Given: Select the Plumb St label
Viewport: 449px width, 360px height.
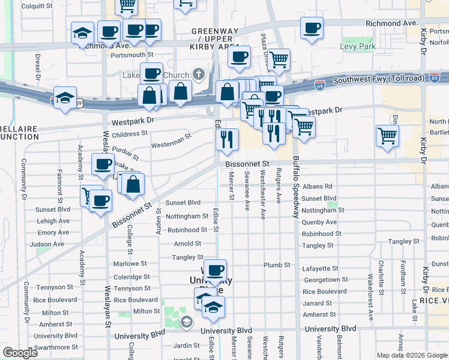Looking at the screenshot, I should (277, 265).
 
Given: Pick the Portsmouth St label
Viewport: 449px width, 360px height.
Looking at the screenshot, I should (133, 55).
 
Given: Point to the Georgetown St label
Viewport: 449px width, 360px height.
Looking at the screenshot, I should (326, 280).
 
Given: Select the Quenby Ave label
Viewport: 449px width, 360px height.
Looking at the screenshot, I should (319, 222).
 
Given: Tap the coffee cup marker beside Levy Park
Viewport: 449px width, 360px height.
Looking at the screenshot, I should (312, 28).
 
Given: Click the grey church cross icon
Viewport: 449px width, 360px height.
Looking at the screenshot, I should (199, 74).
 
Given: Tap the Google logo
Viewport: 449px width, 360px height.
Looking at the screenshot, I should (20, 353).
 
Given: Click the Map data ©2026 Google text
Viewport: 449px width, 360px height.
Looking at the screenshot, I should (412, 355).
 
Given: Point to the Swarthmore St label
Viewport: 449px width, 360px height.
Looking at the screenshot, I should (57, 347).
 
